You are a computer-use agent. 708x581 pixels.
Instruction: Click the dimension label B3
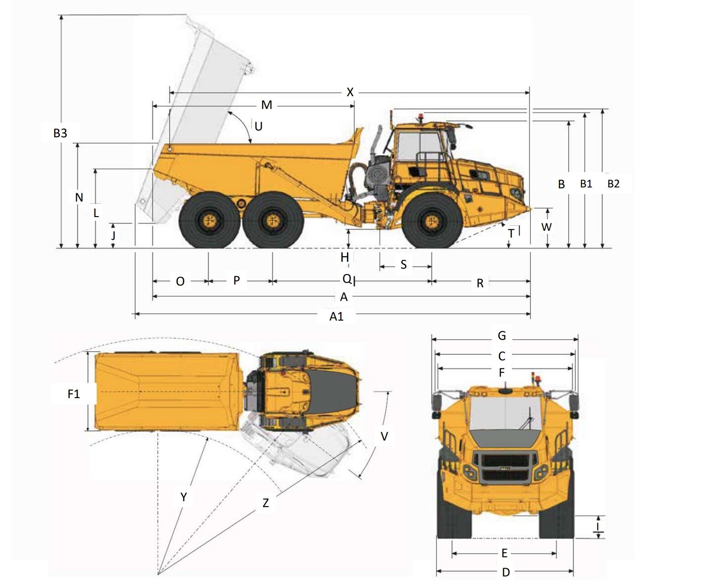coord(60,133)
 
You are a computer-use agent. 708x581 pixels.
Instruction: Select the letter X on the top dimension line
coord(350,93)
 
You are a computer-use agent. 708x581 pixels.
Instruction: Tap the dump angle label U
coord(258,126)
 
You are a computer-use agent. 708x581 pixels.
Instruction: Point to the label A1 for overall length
coord(336,316)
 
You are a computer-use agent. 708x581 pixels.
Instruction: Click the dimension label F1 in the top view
coord(74,394)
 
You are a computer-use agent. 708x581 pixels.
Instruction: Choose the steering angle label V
coord(384,436)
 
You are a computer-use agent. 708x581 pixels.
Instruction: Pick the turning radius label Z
coord(265,503)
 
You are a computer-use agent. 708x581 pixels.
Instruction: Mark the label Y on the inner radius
coord(183,497)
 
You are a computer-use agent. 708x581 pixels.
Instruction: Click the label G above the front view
coord(501,336)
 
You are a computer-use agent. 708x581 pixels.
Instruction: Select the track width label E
coord(504,554)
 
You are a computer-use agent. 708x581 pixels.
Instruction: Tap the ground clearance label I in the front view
coord(598,527)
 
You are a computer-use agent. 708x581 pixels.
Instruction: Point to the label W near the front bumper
coord(546,227)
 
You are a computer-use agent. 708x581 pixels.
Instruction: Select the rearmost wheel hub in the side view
coord(209,221)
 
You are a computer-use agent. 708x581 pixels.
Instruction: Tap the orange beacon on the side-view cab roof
coord(420,117)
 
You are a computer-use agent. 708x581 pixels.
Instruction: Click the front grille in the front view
coord(504,467)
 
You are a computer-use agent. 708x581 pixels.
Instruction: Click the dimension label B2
coord(613,184)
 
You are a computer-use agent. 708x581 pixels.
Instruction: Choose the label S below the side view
coord(403,265)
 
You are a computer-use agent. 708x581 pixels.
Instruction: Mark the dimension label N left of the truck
coord(79,197)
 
